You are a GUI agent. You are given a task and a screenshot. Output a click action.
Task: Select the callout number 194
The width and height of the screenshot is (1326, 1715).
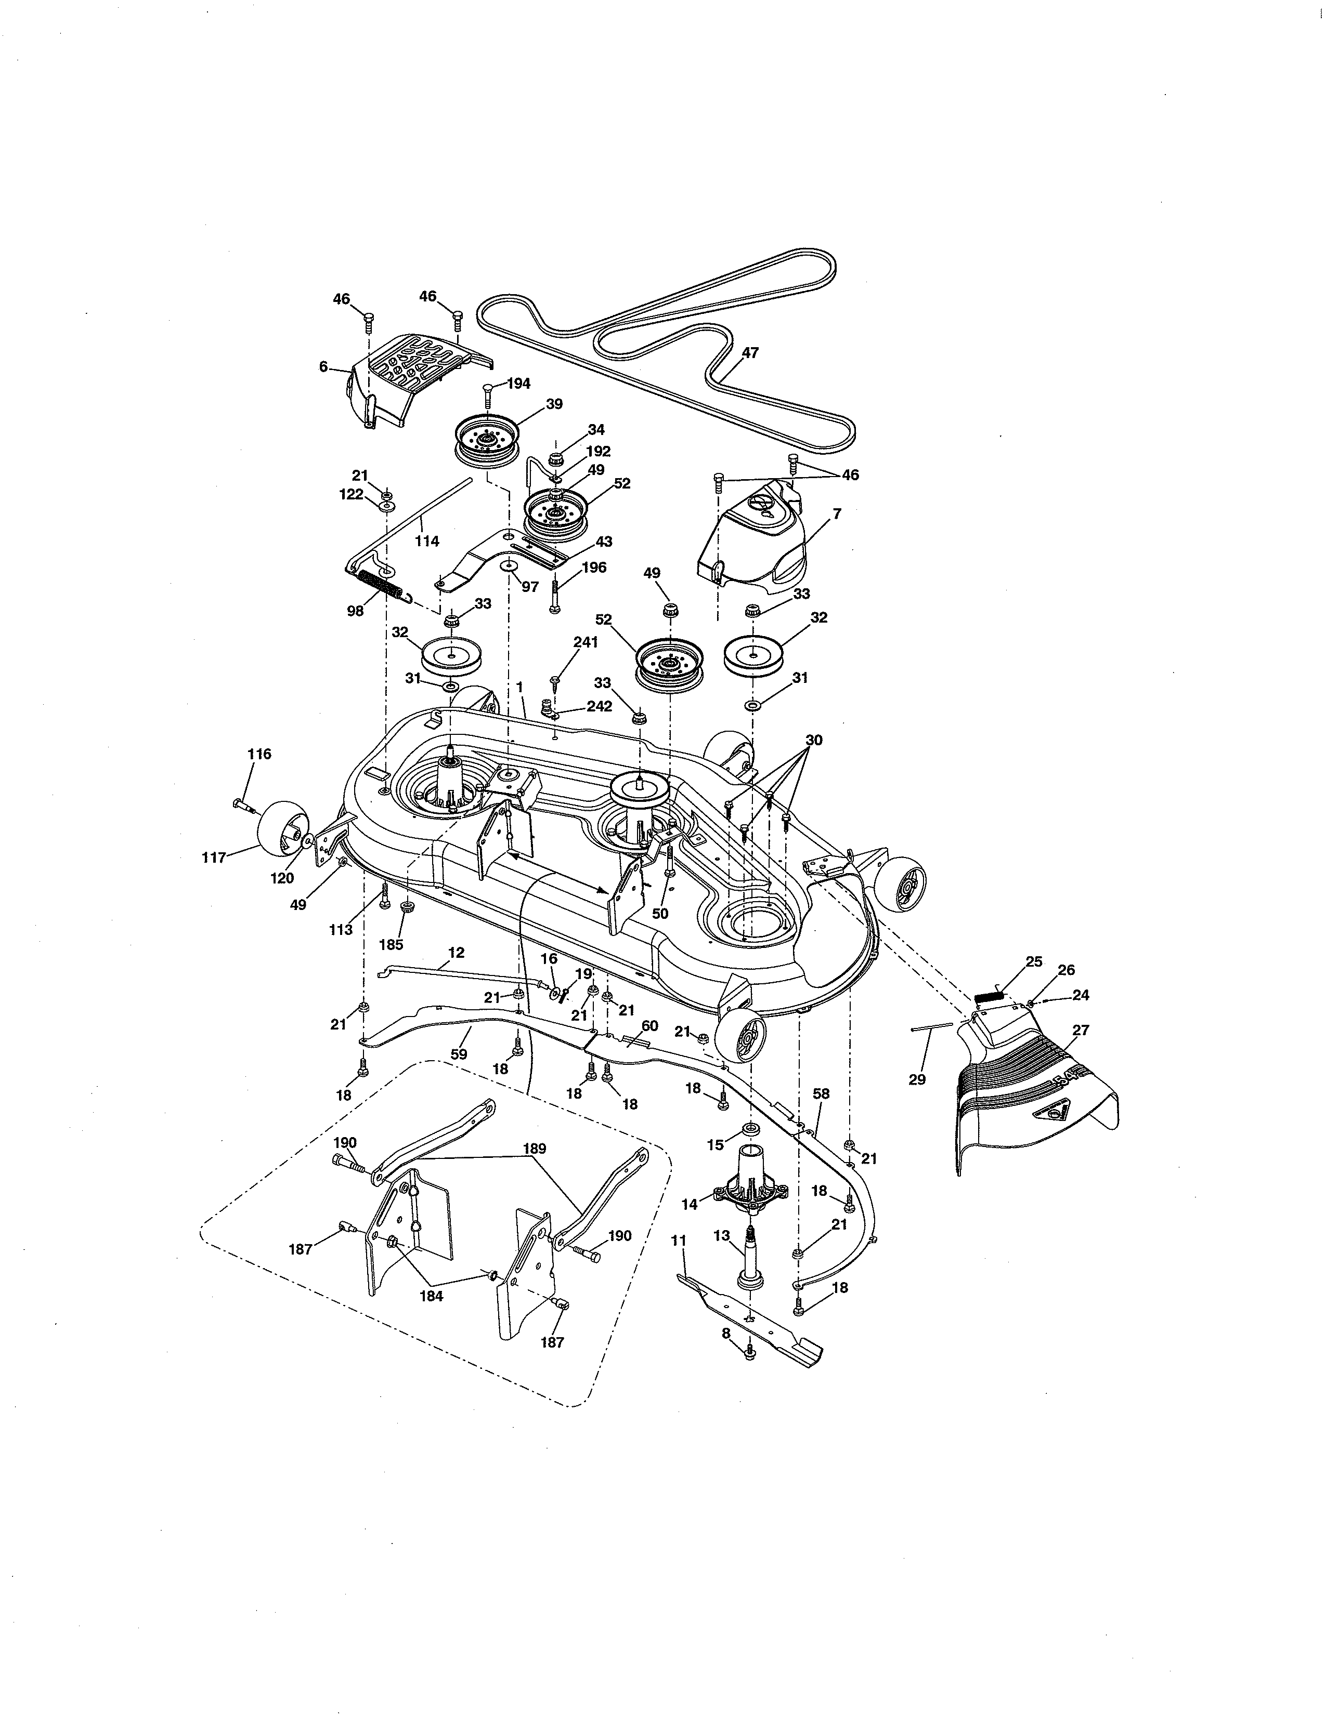coord(518,383)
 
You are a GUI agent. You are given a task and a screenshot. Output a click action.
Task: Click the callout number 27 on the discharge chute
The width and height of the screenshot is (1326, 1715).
coord(1081,1030)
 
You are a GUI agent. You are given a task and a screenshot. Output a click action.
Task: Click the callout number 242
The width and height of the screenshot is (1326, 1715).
coord(600,706)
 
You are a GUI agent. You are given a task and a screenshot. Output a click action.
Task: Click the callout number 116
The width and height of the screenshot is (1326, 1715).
coord(259,754)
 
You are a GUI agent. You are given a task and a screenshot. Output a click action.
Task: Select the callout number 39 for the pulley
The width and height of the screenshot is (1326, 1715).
coord(555,404)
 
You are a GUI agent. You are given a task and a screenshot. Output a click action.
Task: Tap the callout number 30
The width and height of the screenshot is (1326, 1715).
coord(814,740)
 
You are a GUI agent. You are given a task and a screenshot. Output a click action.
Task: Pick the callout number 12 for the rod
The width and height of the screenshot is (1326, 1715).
coord(456,953)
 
